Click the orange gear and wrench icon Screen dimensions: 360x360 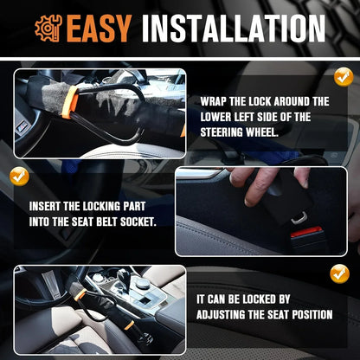point(48,28)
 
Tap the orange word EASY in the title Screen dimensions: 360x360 point(97,29)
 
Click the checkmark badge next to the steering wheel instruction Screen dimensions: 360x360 point(344,76)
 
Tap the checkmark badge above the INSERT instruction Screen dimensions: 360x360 point(18,177)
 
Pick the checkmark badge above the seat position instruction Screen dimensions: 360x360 point(339,273)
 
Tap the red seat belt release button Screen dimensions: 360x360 point(306,232)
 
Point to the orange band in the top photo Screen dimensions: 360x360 point(70,101)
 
